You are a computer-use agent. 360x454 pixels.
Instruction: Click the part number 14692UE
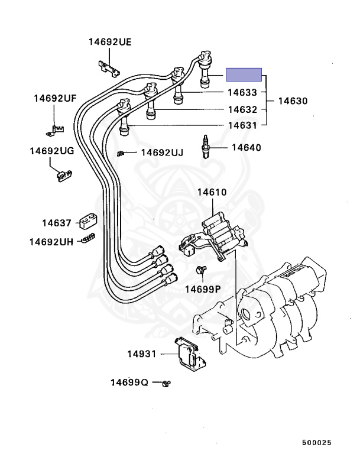(110, 42)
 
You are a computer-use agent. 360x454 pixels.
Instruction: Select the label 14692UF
(54, 98)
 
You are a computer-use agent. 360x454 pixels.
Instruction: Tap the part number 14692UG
(52, 151)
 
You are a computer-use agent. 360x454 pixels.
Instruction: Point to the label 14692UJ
(161, 153)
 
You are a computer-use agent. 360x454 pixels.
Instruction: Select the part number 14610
(212, 192)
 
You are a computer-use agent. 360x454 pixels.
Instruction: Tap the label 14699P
(202, 289)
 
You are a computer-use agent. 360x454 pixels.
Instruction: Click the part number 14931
(141, 354)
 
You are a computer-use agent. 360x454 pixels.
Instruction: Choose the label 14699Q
(129, 382)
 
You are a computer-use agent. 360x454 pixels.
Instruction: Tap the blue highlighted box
(244, 74)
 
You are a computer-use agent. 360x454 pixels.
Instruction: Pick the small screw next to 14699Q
(167, 384)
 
